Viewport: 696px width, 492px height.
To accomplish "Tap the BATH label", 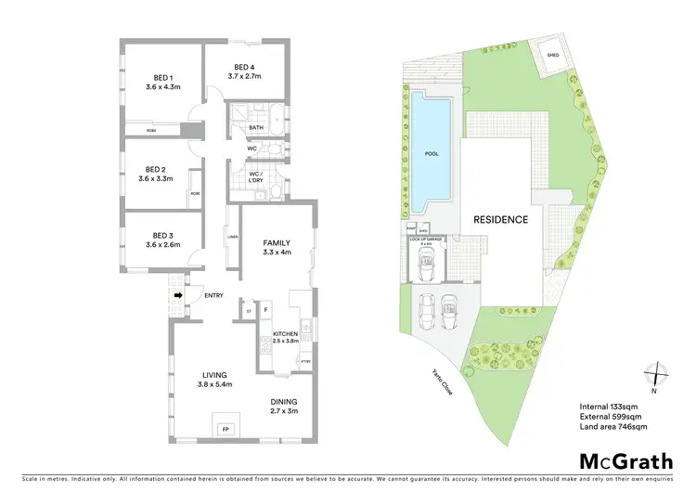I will click(252, 127).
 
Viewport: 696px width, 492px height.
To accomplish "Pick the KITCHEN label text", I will click(284, 334).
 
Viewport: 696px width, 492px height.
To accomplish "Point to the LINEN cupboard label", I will click(232, 238).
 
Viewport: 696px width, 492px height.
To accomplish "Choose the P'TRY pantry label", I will click(306, 360).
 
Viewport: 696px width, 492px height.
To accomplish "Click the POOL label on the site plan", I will click(431, 153).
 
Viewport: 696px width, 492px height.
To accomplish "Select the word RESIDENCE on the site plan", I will click(501, 220).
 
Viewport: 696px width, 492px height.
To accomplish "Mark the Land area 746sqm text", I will click(613, 426).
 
